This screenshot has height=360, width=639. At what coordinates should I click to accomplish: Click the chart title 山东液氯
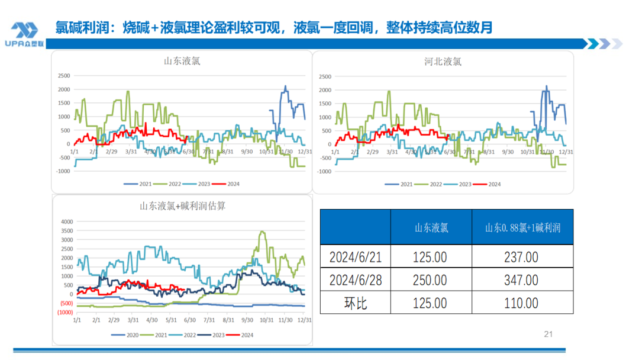(182, 61)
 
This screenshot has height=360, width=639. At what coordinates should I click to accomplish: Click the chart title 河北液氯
(443, 61)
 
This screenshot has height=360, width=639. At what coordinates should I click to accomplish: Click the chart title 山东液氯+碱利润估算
(182, 206)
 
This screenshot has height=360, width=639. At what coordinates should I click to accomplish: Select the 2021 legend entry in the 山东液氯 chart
(141, 184)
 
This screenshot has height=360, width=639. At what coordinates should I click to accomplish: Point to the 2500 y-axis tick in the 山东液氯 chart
(63, 75)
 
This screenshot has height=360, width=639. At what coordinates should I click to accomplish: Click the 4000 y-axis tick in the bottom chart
(67, 221)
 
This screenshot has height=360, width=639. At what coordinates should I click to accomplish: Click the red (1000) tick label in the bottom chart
(66, 313)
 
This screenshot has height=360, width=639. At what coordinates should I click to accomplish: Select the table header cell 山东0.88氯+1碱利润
(522, 227)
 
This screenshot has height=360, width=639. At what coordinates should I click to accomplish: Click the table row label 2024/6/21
(355, 257)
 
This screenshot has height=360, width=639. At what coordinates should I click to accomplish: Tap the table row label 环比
(355, 303)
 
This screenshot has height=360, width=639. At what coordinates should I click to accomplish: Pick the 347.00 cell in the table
(522, 279)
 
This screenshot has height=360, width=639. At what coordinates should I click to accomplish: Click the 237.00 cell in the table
(522, 257)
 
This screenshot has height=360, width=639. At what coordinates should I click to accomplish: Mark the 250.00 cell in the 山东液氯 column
(431, 279)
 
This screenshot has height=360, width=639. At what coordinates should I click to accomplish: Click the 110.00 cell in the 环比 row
(522, 303)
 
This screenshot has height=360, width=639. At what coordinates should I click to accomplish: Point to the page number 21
(548, 335)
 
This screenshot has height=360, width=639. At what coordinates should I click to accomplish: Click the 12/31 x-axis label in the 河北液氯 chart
(566, 152)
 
